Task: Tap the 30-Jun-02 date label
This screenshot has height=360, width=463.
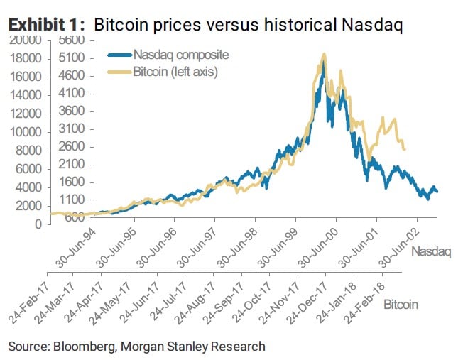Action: [x=393, y=245]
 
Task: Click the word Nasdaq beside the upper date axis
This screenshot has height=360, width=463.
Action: [x=430, y=251]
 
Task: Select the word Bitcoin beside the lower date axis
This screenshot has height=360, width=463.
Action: [x=401, y=304]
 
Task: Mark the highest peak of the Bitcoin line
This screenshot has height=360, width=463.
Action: [x=324, y=54]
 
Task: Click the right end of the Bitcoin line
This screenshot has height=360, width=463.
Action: [x=404, y=149]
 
